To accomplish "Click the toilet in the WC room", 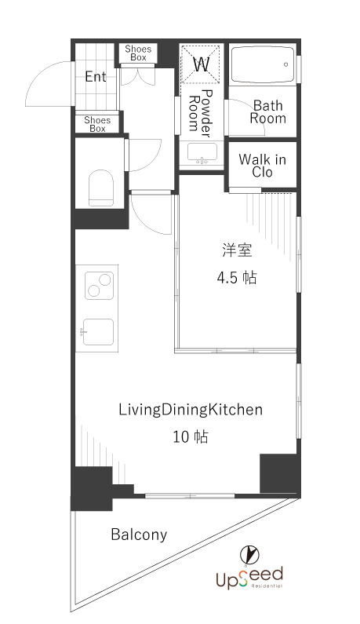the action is coord(101,188).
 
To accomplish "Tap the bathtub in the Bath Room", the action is coord(263,64).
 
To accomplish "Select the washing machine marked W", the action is coord(201,64).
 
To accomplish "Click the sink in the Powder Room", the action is coord(203,154).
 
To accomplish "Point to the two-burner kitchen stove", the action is coord(99,285).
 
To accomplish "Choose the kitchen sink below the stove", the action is coord(98,331).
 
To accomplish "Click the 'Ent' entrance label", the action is coord(96,77).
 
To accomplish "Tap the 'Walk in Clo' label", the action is coord(263,166).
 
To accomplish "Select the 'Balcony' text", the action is coord(139,535).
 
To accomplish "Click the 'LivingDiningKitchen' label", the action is coord(191,410).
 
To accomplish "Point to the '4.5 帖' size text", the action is coord(237,278).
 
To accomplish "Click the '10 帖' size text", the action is coord(190,437).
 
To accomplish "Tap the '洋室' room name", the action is coord(237,250).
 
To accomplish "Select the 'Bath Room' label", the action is coord(267,111).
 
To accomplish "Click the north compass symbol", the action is coord(249,555).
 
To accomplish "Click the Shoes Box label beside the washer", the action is coord(138,53).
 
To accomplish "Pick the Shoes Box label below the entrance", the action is coord(97,124).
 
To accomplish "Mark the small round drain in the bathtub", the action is coord(285,64).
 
